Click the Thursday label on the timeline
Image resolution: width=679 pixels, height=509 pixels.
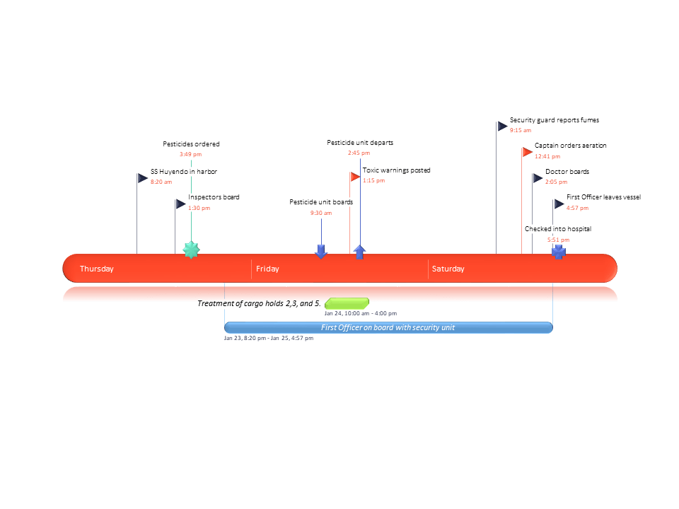96,269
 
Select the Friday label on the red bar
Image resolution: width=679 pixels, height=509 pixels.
267,269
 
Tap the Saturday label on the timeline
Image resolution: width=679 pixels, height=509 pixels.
448,269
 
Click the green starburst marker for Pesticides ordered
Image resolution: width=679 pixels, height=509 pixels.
191,250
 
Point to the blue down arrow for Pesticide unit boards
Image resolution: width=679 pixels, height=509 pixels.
321,251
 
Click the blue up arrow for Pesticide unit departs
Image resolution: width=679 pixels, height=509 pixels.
360,252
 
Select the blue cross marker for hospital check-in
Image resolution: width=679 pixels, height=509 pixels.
559,252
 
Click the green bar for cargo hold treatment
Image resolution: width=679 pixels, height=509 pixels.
347,303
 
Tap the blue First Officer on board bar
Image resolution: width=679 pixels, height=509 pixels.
388,327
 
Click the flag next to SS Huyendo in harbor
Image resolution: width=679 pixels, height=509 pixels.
142,178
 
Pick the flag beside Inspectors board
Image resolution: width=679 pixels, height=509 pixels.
180,204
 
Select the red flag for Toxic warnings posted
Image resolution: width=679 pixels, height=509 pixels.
355,177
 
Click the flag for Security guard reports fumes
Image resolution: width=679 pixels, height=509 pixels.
502,127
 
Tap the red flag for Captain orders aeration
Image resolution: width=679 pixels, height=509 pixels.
527,152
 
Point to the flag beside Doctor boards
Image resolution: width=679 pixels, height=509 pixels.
538,178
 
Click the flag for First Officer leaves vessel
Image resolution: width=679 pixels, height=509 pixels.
559,204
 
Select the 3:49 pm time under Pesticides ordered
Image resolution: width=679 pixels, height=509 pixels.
190,154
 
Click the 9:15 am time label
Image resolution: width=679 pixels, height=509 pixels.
520,130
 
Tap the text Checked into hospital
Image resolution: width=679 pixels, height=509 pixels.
557,229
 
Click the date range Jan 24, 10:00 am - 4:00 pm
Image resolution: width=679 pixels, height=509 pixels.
361,313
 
